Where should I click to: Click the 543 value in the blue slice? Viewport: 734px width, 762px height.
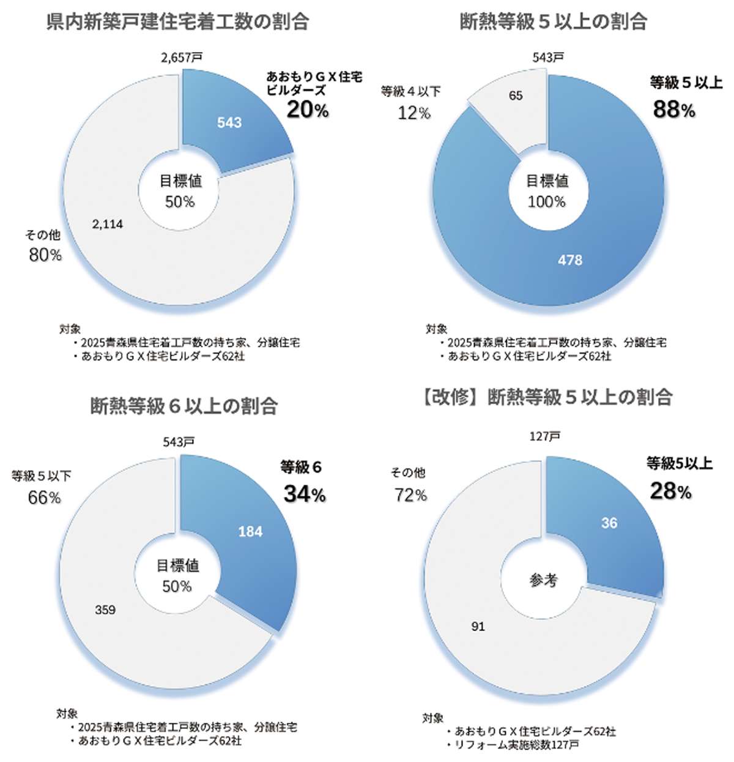click(x=229, y=122)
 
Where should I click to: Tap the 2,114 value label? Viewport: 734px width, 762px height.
click(x=108, y=225)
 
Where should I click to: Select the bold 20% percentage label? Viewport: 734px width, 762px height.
click(x=308, y=110)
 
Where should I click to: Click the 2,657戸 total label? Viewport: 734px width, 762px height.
click(x=182, y=58)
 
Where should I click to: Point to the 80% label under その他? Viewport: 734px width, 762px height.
click(x=45, y=255)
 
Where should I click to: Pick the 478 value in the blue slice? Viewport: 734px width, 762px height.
click(x=570, y=260)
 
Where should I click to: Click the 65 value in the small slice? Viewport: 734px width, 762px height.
click(x=516, y=95)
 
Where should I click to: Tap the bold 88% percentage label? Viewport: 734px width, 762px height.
click(x=674, y=110)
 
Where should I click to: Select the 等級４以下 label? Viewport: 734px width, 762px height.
click(x=410, y=92)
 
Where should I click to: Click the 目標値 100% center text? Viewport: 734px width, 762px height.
click(x=547, y=191)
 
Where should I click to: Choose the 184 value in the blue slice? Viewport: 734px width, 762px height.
click(x=250, y=531)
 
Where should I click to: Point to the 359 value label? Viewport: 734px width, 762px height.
click(x=105, y=610)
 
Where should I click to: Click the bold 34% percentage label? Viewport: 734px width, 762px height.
click(x=305, y=494)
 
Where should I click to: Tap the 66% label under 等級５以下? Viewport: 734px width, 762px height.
click(x=44, y=498)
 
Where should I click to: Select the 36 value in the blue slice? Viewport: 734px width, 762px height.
click(x=609, y=523)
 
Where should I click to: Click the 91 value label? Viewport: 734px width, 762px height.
click(x=478, y=627)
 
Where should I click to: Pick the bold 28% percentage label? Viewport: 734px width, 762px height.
click(x=671, y=491)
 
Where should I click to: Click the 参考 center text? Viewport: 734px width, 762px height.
click(x=543, y=580)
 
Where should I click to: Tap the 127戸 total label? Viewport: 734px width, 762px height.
click(x=545, y=436)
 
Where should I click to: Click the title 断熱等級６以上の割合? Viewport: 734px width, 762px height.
click(x=184, y=406)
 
